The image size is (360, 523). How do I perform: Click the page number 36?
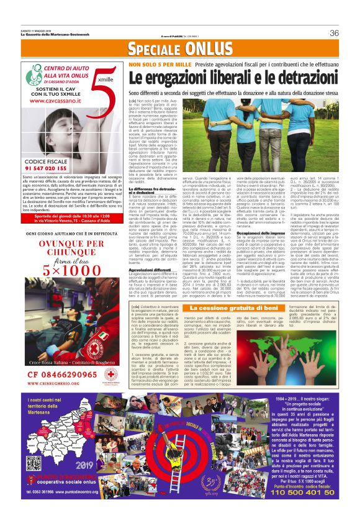[334, 33]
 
